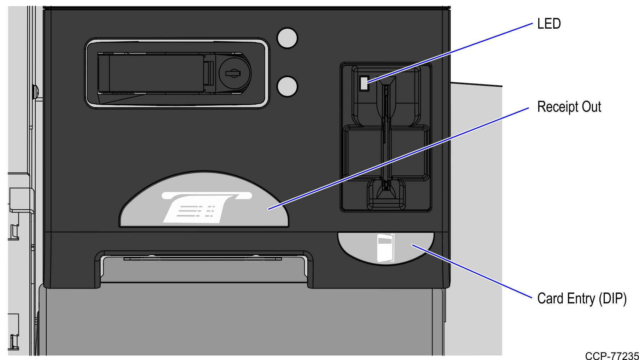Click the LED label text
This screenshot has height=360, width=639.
point(549,24)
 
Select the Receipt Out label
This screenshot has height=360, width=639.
point(569,107)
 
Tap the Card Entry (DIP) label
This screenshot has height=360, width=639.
point(582,298)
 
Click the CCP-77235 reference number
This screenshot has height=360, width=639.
point(612,356)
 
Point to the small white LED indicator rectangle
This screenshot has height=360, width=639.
point(364,83)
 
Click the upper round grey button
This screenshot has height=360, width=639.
point(287,38)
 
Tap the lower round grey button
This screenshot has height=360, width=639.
point(287,87)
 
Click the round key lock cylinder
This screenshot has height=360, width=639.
point(234,74)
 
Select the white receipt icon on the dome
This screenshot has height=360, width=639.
point(207,208)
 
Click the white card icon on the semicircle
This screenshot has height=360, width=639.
point(385,248)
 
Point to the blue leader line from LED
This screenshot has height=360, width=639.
point(450,53)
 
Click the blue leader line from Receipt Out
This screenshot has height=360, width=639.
point(399,158)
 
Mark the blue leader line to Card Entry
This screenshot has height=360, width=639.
point(472,271)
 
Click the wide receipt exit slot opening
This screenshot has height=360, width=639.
point(204,269)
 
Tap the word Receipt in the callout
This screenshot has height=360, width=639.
point(557,107)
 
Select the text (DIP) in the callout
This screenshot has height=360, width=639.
point(613,299)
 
